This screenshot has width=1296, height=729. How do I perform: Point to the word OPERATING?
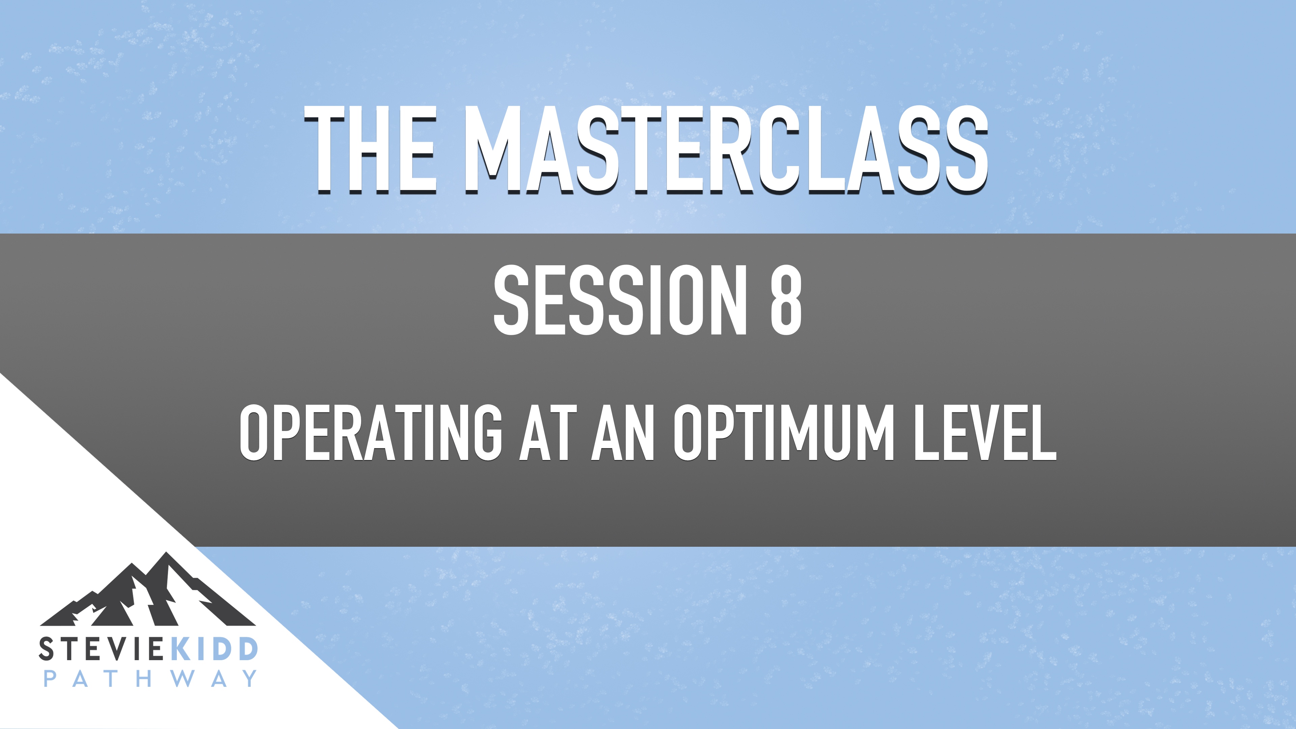370,432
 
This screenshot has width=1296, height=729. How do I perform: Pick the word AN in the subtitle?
622,432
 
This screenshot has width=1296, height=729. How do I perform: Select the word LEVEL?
984,432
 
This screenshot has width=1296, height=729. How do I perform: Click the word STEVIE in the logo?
100,649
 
